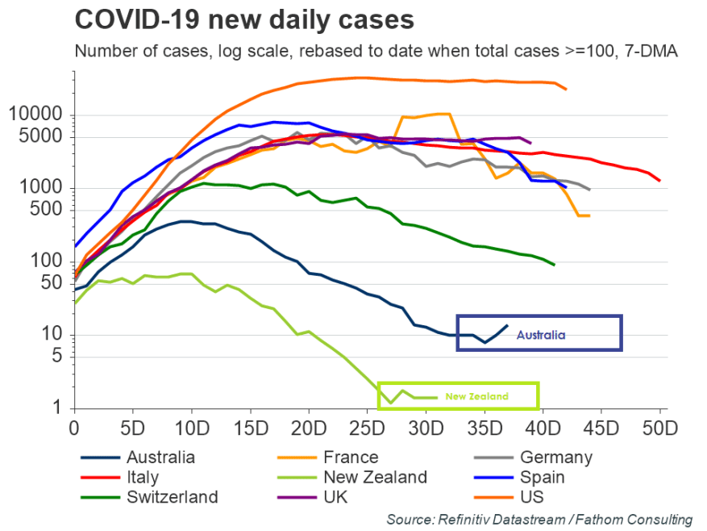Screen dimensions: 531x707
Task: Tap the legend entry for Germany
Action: tap(555, 458)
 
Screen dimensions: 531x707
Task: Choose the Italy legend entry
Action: tap(142, 478)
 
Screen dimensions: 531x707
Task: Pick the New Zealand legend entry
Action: tap(374, 478)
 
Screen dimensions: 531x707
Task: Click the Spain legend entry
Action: tap(543, 478)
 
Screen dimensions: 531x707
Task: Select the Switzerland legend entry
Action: tap(171, 497)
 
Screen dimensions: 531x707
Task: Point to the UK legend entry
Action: tap(334, 497)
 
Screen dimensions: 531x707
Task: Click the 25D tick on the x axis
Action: tap(367, 427)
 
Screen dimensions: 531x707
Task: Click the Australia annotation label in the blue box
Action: tap(541, 334)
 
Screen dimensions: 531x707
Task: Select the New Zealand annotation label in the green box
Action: tap(477, 396)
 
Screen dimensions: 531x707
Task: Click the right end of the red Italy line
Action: tap(659, 180)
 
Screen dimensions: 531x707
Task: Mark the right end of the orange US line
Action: tap(566, 89)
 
